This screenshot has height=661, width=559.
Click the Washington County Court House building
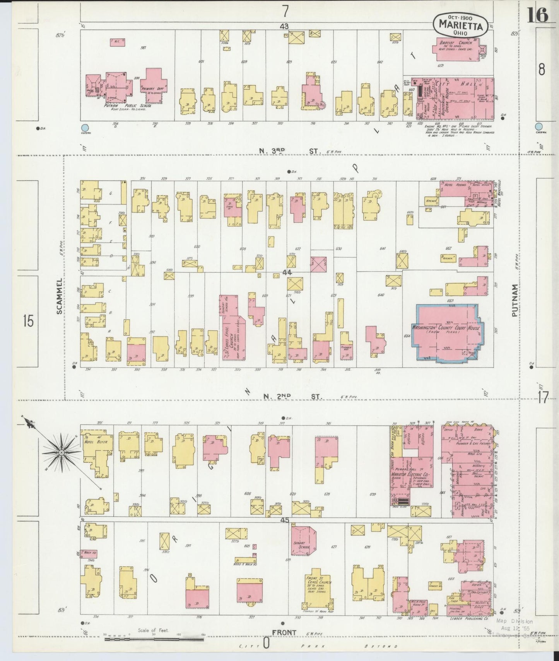(x=447, y=332)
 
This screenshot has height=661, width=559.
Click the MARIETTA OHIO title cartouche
(x=460, y=26)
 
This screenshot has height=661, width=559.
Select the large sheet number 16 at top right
(x=537, y=15)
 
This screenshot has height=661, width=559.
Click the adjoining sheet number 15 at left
(x=28, y=321)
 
